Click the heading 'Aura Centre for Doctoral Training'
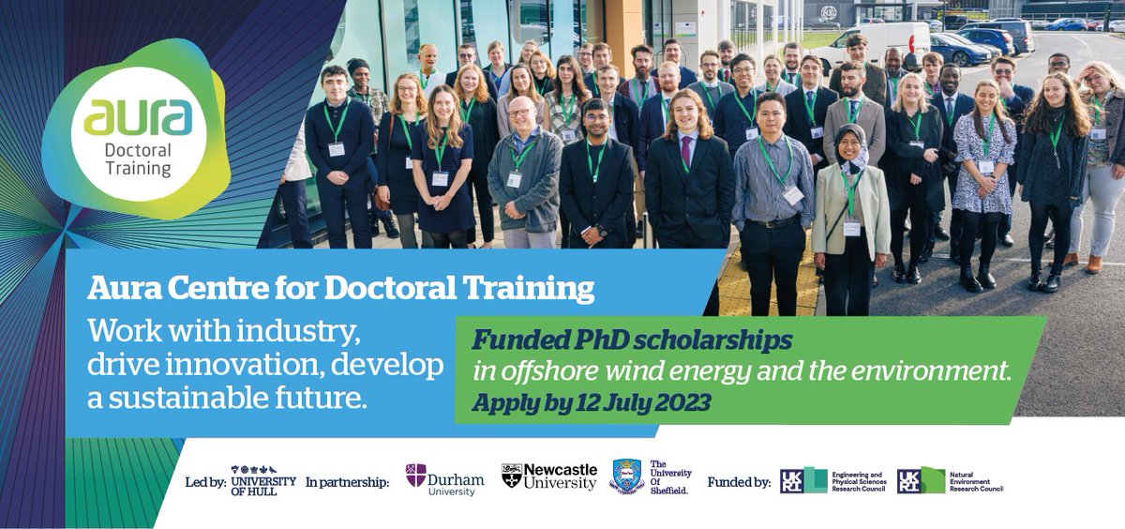click(340, 288)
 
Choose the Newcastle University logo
click(549, 476)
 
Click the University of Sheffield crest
click(626, 476)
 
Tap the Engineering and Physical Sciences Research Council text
click(857, 481)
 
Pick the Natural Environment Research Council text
click(975, 481)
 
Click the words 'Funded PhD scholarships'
click(633, 339)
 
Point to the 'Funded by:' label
click(739, 482)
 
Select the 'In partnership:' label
click(347, 482)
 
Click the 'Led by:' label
click(206, 482)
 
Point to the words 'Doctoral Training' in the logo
click(138, 159)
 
